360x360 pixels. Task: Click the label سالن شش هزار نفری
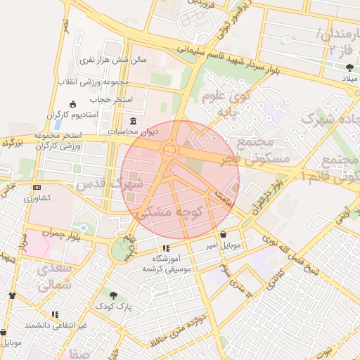pyautogui.click(x=115, y=60)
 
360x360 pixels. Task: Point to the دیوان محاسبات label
pyautogui.click(x=133, y=131)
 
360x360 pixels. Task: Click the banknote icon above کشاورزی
pyautogui.click(x=37, y=188)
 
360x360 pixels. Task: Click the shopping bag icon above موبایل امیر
pyautogui.click(x=223, y=235)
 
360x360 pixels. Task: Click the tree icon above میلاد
pyautogui.click(x=350, y=67)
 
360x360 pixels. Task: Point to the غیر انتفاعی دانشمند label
pyautogui.click(x=56, y=325)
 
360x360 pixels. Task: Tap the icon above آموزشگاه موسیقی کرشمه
pyautogui.click(x=166, y=248)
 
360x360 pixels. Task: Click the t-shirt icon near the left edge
pyautogui.click(x=11, y=296)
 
